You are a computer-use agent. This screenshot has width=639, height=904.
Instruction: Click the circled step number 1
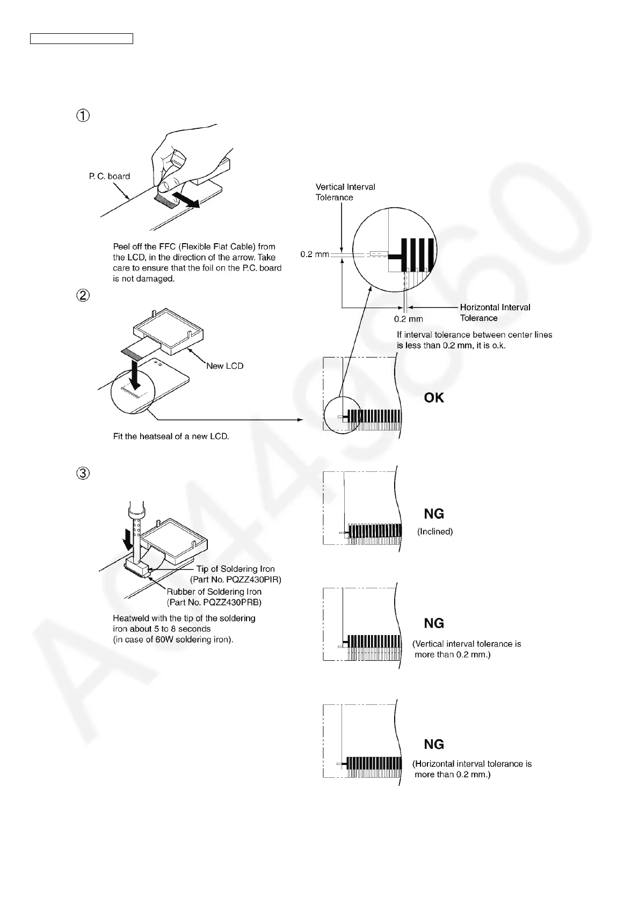click(x=83, y=115)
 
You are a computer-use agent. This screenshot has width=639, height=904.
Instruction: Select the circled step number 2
click(x=83, y=295)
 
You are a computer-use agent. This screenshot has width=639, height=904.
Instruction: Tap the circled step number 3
click(x=83, y=473)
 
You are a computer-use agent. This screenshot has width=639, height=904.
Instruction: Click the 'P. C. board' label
click(x=110, y=176)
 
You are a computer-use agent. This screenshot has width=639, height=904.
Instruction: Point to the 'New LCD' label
click(x=225, y=366)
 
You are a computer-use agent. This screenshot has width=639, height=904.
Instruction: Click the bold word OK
click(x=434, y=397)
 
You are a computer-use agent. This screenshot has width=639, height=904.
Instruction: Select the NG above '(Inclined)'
click(x=434, y=514)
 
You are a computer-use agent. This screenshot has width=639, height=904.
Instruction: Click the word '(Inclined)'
click(x=435, y=531)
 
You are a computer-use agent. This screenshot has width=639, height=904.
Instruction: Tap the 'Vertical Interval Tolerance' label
click(x=345, y=192)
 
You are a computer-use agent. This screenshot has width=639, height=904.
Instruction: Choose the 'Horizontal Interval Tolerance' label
click(x=495, y=312)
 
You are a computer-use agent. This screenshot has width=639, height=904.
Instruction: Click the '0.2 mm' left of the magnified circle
click(x=315, y=254)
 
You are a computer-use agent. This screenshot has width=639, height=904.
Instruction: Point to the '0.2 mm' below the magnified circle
click(x=409, y=319)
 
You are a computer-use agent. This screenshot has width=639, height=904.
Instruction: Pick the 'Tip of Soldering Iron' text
click(x=235, y=569)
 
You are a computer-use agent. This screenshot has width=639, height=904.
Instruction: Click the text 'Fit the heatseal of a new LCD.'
click(x=171, y=436)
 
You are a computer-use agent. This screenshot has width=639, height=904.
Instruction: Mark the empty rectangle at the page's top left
click(x=82, y=38)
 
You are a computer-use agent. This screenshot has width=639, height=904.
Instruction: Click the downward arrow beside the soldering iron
click(x=128, y=538)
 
